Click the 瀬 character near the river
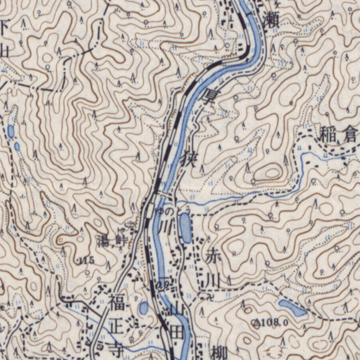tap(269, 20)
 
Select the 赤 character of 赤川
tap(213, 258)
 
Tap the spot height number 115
tap(86, 261)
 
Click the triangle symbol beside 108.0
tap(257, 322)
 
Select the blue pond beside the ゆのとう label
tap(185, 230)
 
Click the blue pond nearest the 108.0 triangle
tap(292, 308)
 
